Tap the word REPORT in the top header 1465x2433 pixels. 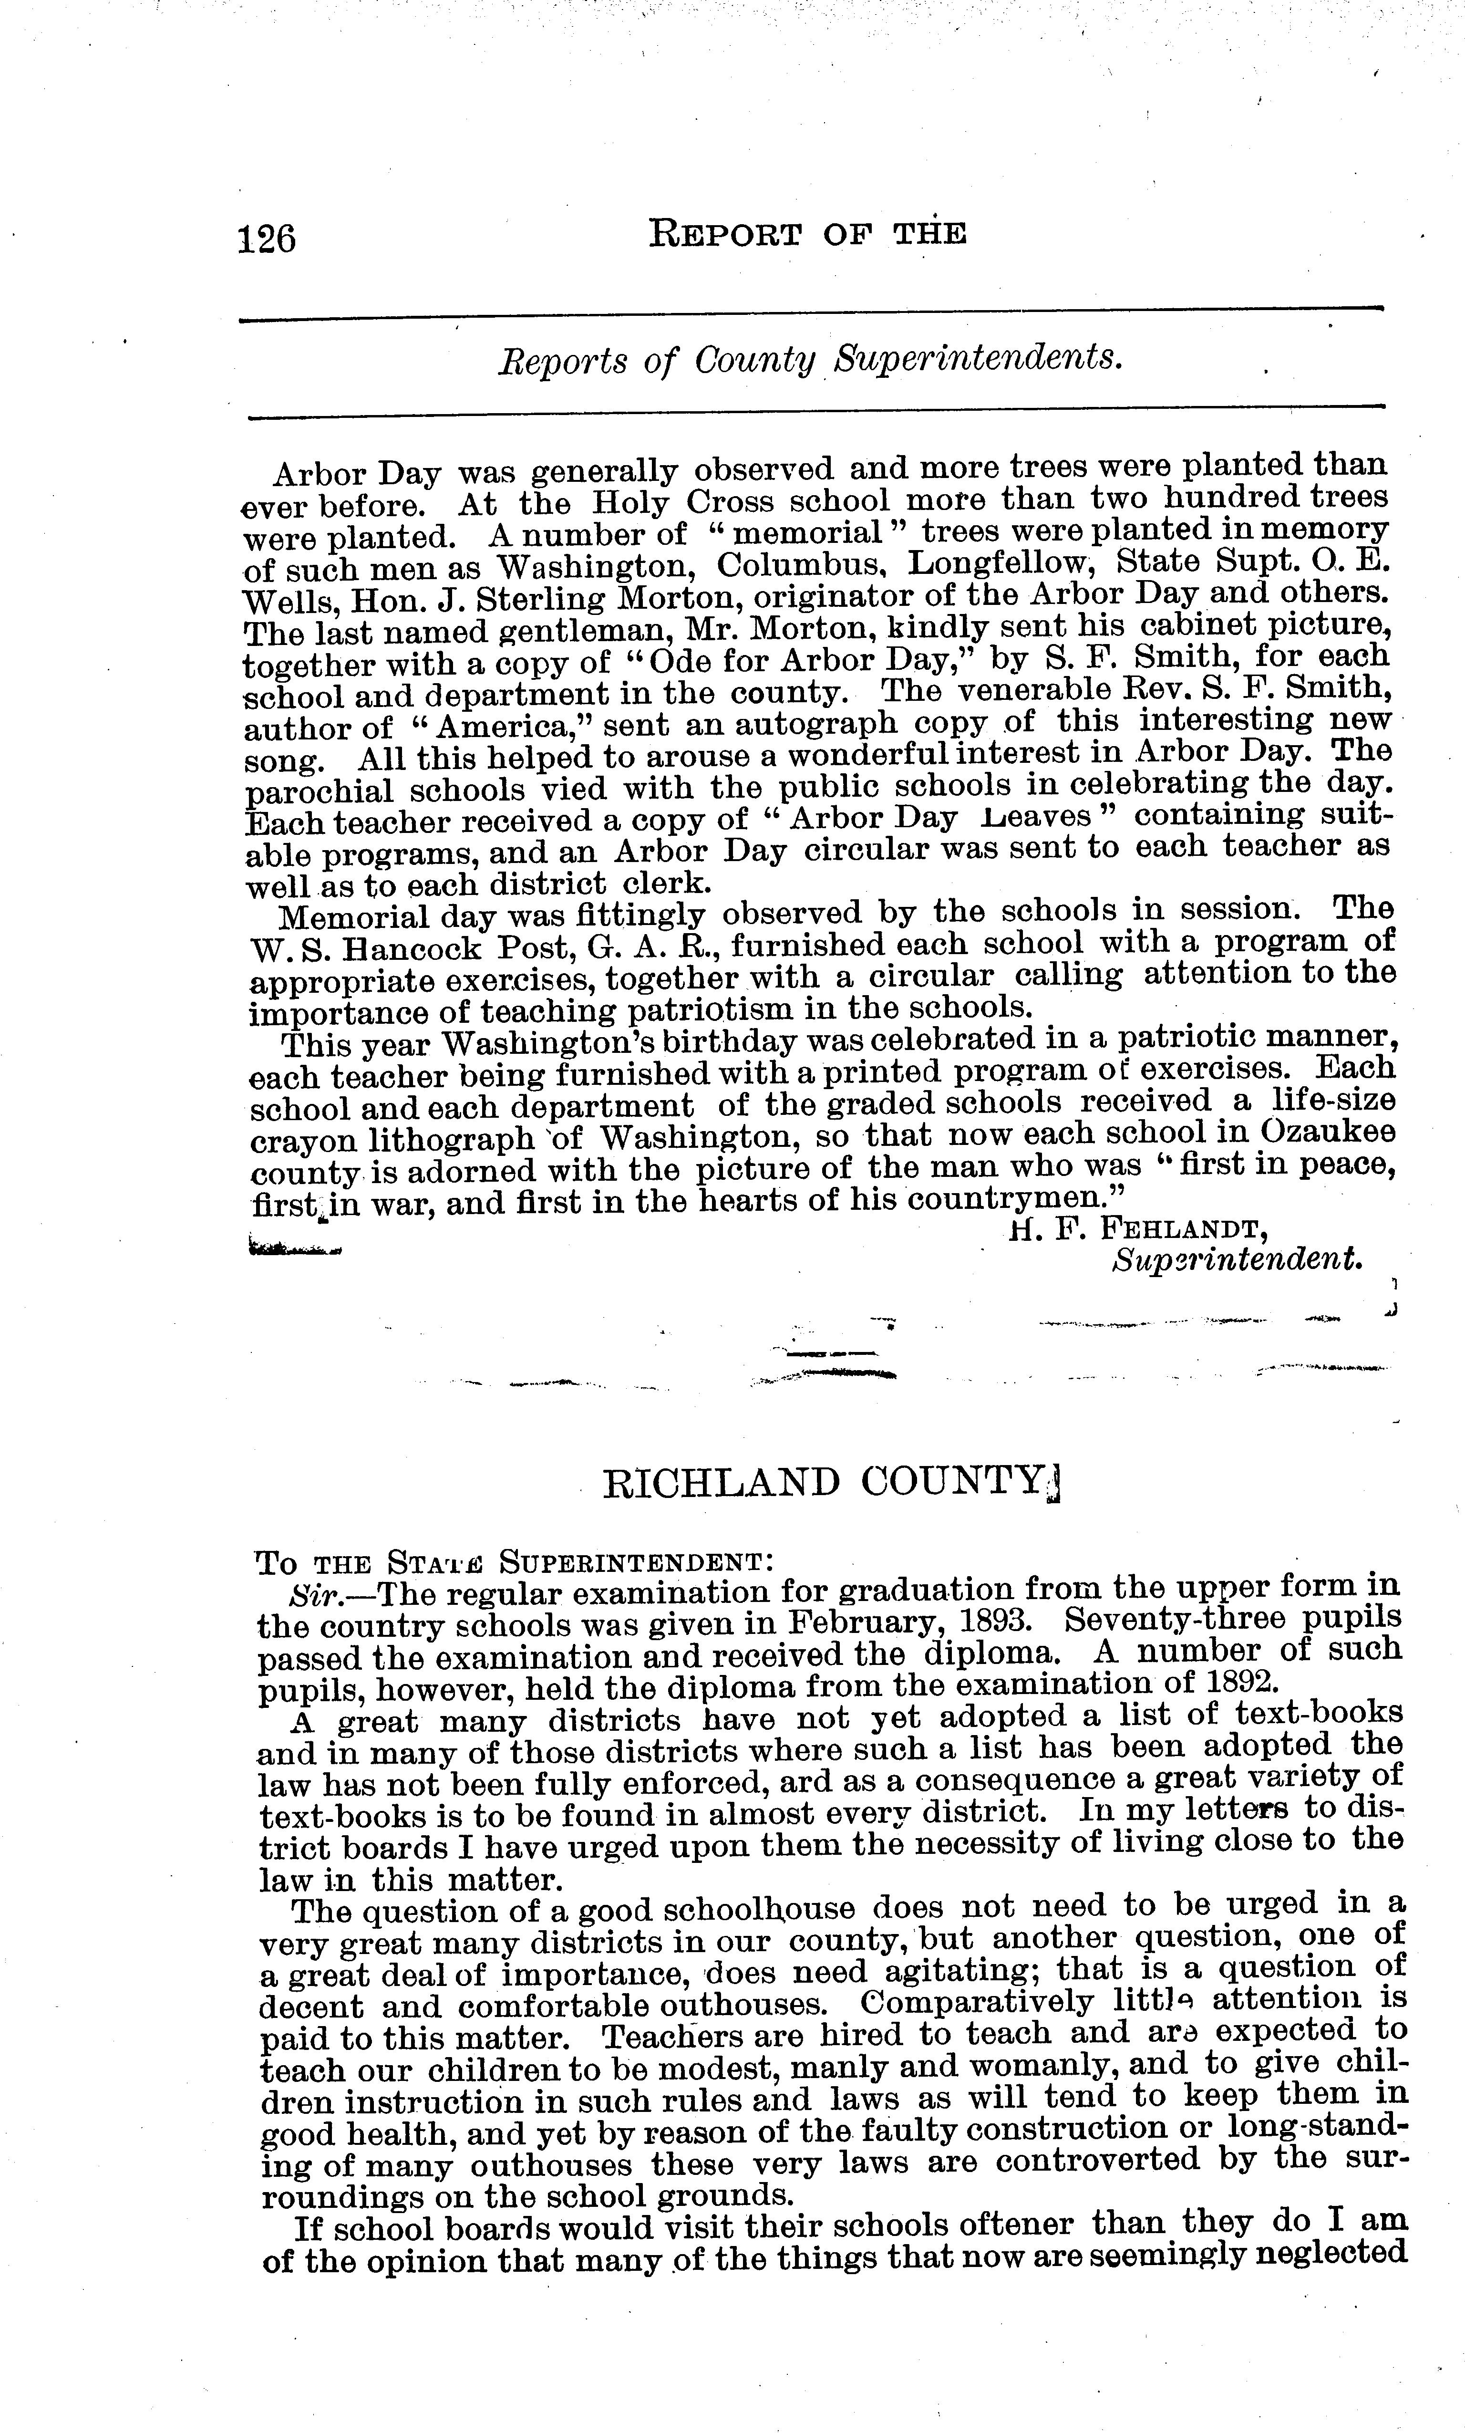click(x=723, y=234)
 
